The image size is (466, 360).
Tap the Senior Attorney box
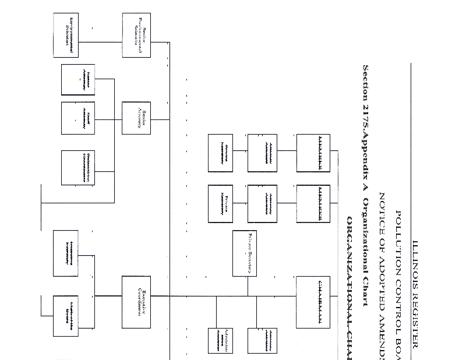pyautogui.click(x=136, y=119)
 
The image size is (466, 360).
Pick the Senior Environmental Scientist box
pyautogui.click(x=136, y=35)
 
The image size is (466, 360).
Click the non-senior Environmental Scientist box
pyautogui.click(x=65, y=34)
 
